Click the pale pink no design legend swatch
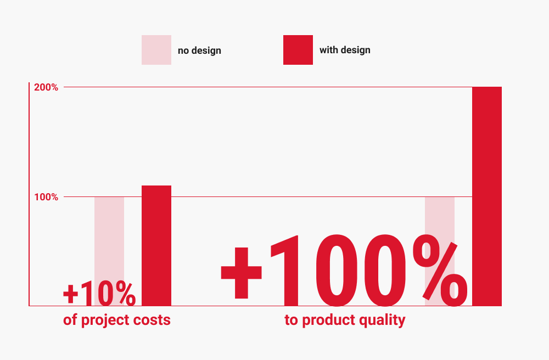point(156,50)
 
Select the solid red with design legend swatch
point(298,50)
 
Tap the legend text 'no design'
point(199,50)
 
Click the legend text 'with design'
point(345,50)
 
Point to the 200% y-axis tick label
point(46,87)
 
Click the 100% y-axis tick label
point(46,197)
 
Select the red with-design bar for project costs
point(156,246)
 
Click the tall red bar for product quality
point(486,196)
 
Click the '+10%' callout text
point(99,293)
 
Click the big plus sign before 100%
point(241,273)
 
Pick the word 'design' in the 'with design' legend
point(355,50)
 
